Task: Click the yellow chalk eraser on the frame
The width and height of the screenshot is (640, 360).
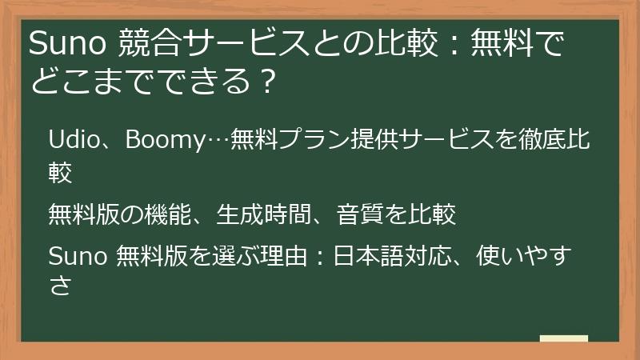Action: pos(563,338)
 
